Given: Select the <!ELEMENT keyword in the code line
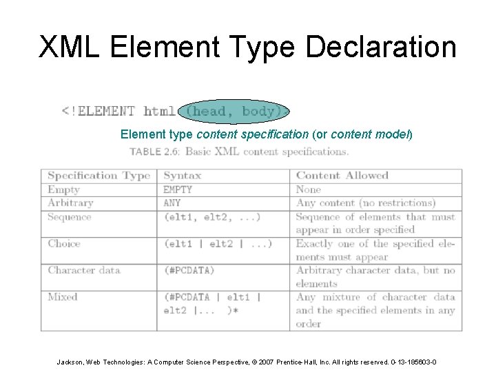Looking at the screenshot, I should coord(99,111).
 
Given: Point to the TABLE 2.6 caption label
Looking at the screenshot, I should coord(155,152).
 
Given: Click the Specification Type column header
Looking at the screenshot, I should coord(99,176).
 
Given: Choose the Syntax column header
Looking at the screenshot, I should coord(182,176).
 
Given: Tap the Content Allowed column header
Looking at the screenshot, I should coord(342,176).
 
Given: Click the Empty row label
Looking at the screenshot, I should coord(63,189).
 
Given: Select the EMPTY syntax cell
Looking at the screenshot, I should coord(178,189).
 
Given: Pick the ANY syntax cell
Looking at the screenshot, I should coord(172,203).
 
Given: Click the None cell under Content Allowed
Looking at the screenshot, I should coord(309,189).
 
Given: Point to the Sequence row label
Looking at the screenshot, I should coord(69,216).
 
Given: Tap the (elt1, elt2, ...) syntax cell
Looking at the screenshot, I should coord(212,216).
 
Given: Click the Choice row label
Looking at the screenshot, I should coord(64,243).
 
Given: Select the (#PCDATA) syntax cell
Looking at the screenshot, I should coord(189,270).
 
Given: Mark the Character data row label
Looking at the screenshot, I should coord(84,270).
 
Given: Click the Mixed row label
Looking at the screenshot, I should coord(62,297).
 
